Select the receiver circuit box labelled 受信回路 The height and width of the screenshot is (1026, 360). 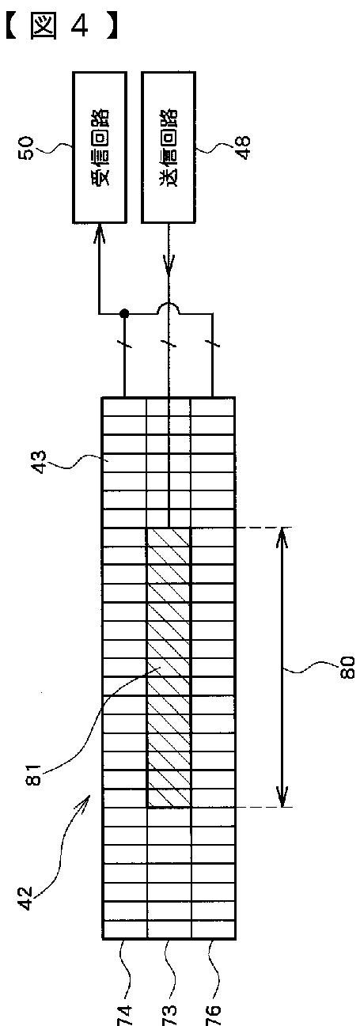point(100,147)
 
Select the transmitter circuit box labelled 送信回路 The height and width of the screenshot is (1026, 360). point(169,147)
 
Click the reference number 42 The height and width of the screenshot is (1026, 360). point(27,899)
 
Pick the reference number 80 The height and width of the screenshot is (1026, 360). point(347,668)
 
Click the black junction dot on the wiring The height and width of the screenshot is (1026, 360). point(123,313)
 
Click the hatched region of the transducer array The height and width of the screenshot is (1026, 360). point(169,667)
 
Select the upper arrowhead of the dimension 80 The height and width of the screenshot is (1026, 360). point(282,538)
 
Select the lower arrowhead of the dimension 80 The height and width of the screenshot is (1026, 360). point(282,796)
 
